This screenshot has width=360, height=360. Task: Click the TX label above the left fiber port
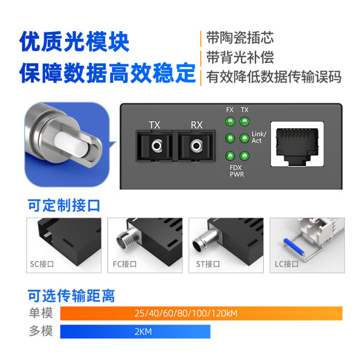click(x=154, y=125)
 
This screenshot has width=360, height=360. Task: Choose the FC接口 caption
click(x=125, y=263)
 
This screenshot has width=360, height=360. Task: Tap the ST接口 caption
click(x=206, y=263)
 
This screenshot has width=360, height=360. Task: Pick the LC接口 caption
click(x=287, y=263)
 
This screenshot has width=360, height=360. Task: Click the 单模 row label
click(x=40, y=313)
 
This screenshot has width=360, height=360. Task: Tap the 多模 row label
click(x=40, y=332)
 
